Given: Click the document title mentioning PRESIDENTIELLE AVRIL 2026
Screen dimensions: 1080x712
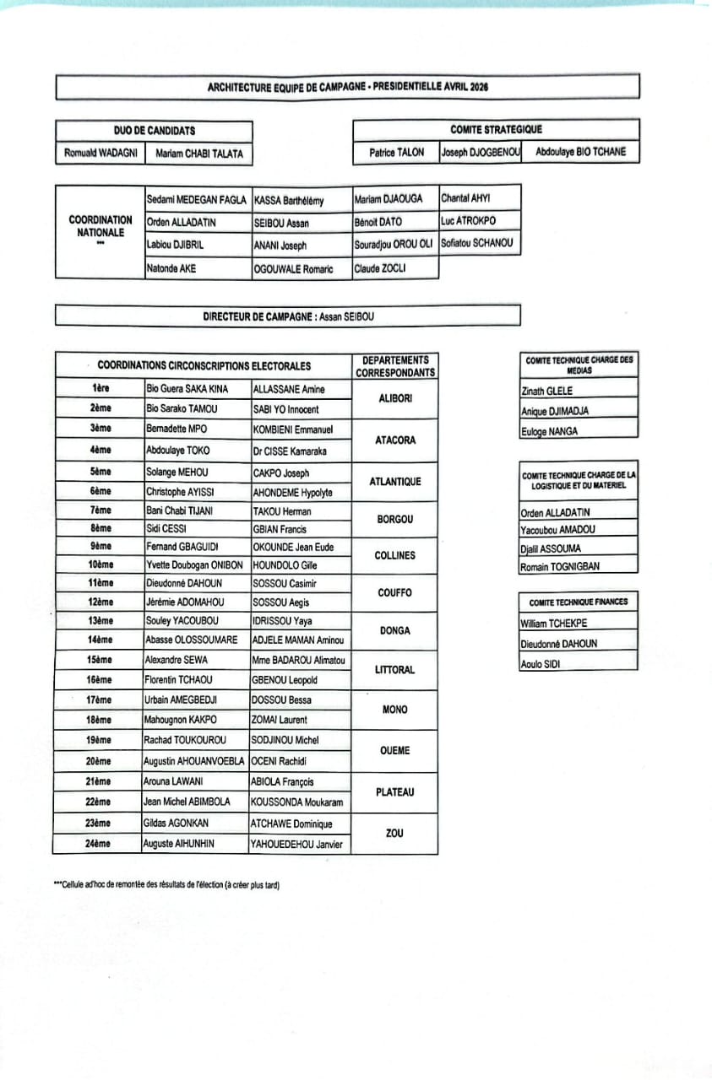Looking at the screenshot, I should pyautogui.click(x=347, y=87).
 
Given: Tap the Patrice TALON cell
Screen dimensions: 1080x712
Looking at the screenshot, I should pyautogui.click(x=396, y=154).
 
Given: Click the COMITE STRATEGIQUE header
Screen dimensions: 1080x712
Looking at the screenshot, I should pyautogui.click(x=496, y=130).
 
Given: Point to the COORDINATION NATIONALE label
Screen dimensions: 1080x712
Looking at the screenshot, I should pyautogui.click(x=100, y=226).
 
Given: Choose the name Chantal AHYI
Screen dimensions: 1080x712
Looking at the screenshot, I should pyautogui.click(x=465, y=199).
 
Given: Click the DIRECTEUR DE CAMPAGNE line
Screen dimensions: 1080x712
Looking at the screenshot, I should pyautogui.click(x=288, y=316).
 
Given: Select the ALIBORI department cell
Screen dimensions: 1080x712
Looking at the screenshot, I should pyautogui.click(x=394, y=399).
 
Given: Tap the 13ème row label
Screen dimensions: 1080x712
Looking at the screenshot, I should pyautogui.click(x=100, y=620).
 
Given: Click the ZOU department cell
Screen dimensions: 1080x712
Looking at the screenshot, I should pyautogui.click(x=394, y=833).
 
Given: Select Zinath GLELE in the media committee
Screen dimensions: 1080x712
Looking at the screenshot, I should pyautogui.click(x=547, y=391).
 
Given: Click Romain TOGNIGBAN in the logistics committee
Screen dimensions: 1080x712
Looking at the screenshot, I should pyautogui.click(x=560, y=566).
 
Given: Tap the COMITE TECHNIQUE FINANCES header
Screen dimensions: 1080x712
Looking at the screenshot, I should pyautogui.click(x=579, y=602).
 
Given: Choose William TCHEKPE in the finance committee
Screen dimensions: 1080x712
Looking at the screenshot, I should pyautogui.click(x=554, y=624).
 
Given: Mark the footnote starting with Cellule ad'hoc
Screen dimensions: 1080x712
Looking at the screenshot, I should pyautogui.click(x=166, y=885).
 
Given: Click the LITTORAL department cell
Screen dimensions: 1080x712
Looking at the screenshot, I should pyautogui.click(x=394, y=670).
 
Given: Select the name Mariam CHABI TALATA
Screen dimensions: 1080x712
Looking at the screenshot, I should pyautogui.click(x=198, y=154).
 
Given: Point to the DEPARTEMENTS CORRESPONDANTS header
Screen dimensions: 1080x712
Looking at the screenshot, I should pyautogui.click(x=394, y=366).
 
